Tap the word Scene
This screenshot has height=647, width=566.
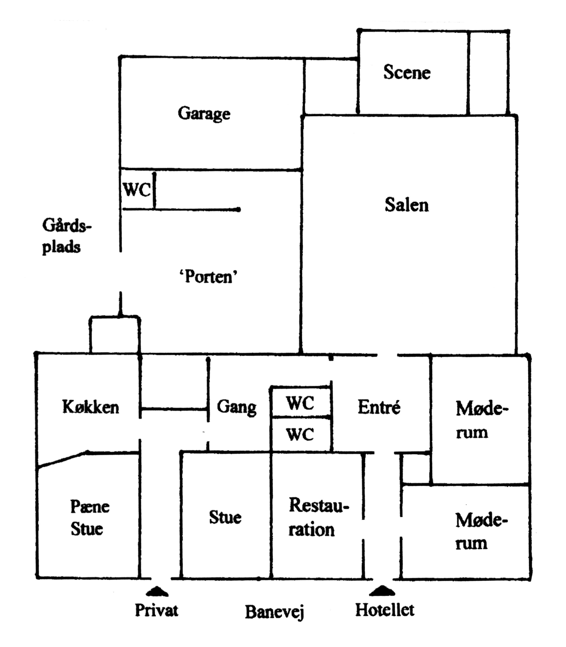407,73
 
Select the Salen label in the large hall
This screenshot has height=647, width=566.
407,205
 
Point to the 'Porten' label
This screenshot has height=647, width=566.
208,277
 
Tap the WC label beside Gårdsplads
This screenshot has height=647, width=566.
136,190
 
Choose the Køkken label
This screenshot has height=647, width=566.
91,407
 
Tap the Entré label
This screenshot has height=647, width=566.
379,407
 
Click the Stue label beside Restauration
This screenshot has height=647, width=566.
225,518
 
